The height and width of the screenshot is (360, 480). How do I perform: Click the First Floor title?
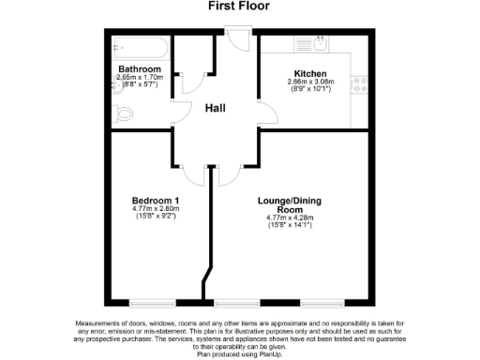[239, 7]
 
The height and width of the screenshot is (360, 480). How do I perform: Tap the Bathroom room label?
[139, 69]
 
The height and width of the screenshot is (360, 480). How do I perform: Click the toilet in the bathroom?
[125, 114]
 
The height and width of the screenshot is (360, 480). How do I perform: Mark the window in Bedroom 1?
[152, 303]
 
